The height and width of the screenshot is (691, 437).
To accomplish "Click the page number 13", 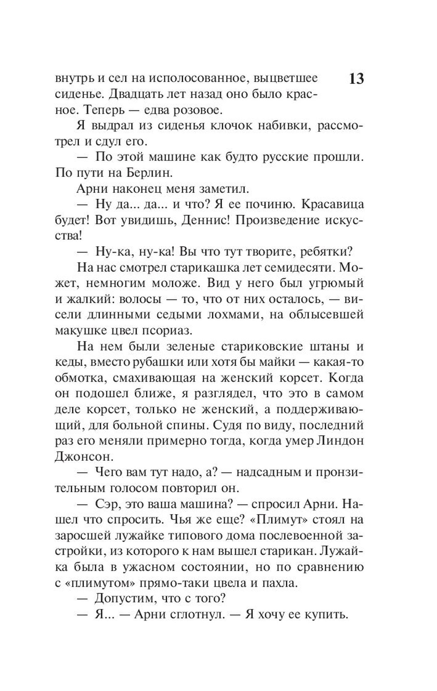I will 356,79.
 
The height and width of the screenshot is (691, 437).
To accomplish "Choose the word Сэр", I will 106,504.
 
